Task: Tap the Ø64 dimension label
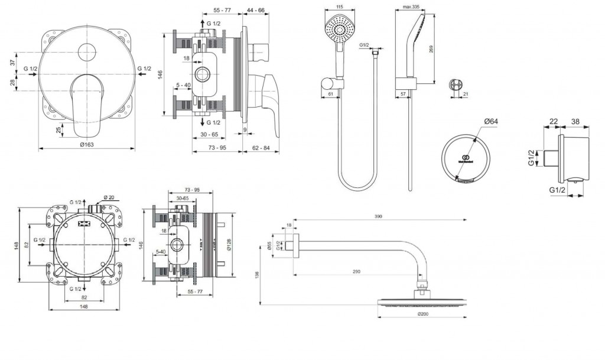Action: coord(492,122)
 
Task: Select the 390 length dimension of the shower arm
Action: coord(378,217)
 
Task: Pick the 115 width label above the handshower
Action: coord(339,7)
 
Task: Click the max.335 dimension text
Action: coord(411,7)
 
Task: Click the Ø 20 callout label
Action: coord(109,197)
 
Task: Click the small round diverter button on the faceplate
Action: coord(87,50)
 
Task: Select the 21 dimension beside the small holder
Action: coord(467,94)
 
